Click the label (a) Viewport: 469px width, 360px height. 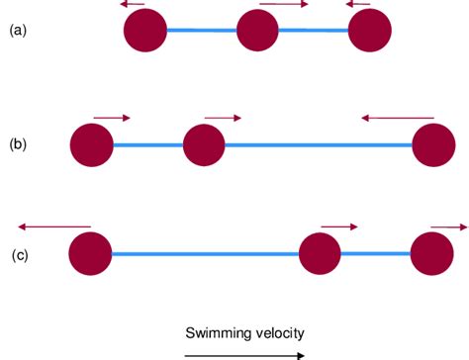17,31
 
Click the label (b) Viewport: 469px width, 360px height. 17,144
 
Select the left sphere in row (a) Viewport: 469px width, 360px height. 145,31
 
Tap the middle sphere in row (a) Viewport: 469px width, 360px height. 258,31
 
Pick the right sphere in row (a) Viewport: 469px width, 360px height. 370,31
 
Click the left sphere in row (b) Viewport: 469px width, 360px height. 92,145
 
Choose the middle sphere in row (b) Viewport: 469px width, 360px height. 204,145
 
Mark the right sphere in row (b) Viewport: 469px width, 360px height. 434,145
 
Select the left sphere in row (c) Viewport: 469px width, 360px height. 90,254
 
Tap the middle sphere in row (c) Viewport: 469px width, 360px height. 320,254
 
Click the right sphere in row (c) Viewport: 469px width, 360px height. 431,254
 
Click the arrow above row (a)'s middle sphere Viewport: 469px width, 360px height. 283,5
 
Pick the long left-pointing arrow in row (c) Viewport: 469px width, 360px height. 53,226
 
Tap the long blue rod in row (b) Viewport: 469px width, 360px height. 319,145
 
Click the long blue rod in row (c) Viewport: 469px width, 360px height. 205,254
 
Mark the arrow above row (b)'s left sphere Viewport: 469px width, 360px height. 112,118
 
